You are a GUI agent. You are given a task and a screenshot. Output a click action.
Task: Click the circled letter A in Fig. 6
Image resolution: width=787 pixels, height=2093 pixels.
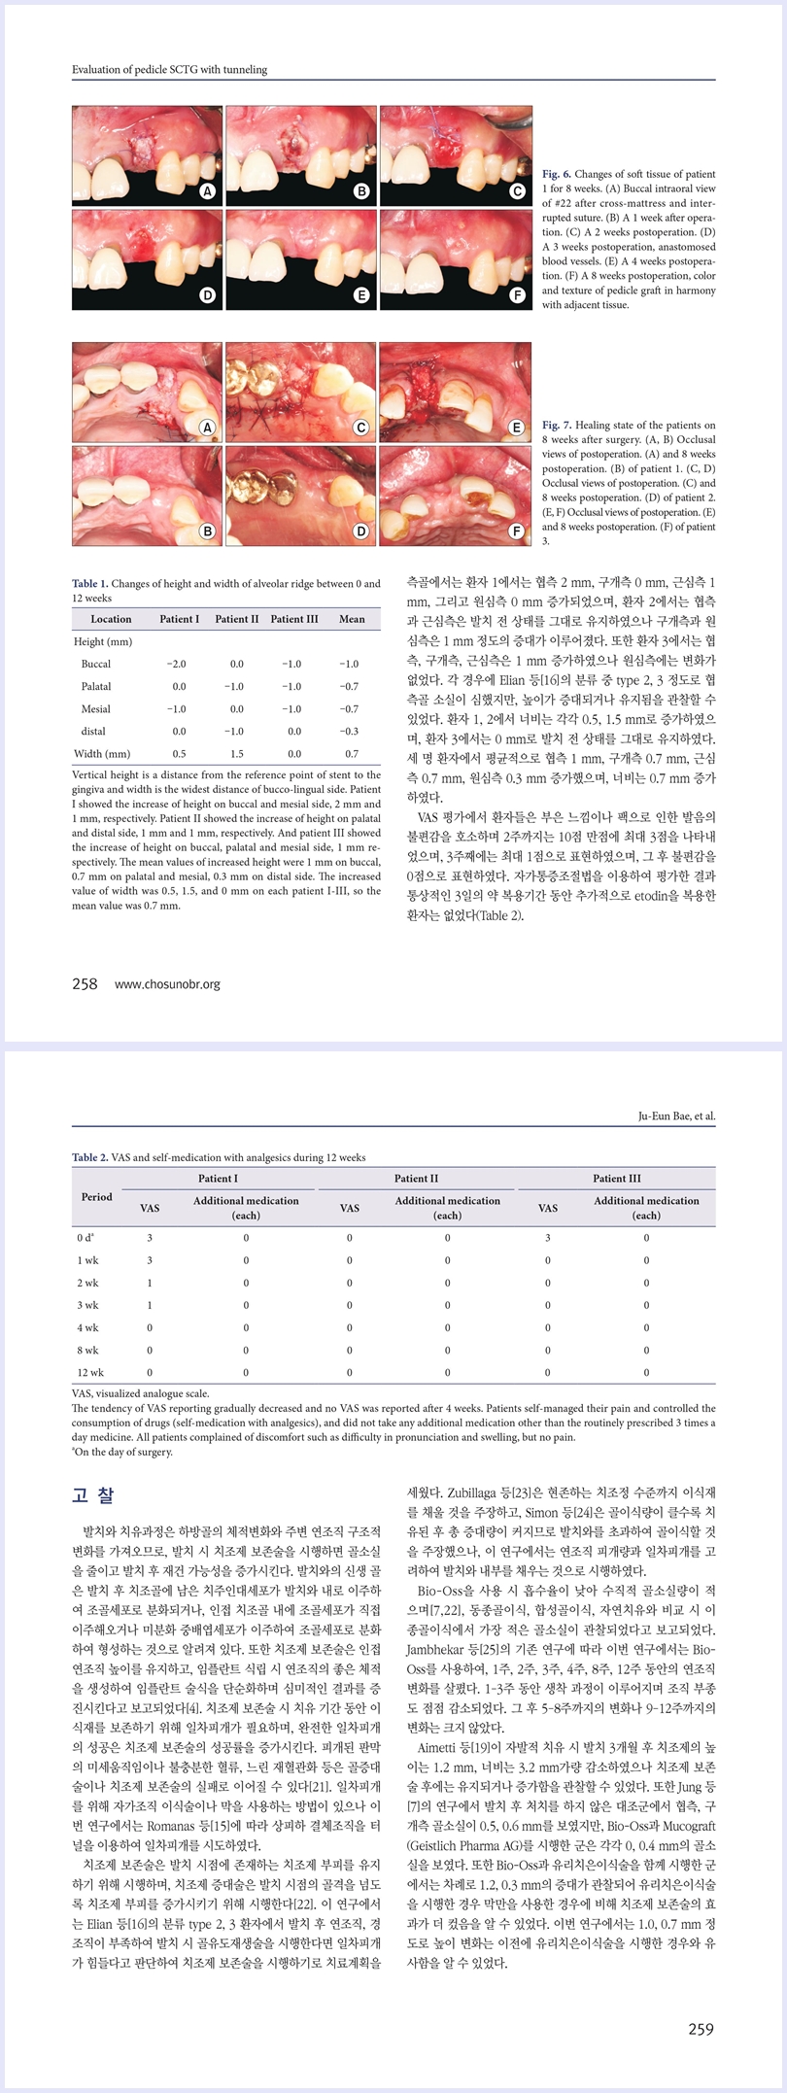(x=207, y=192)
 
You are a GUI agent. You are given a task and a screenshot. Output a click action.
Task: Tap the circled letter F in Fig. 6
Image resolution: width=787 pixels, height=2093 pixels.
(x=517, y=295)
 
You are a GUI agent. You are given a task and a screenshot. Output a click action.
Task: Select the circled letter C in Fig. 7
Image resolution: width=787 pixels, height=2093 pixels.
(x=360, y=428)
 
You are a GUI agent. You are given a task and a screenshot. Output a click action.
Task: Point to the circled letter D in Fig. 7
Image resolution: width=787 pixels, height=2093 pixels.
(x=360, y=531)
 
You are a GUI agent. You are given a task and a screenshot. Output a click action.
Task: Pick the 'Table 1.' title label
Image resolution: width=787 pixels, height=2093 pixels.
(x=90, y=584)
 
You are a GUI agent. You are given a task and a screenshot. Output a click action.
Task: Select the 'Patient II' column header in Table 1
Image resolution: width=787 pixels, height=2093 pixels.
(x=237, y=619)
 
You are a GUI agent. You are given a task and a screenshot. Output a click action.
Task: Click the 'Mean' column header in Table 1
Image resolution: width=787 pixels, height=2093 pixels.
(x=352, y=619)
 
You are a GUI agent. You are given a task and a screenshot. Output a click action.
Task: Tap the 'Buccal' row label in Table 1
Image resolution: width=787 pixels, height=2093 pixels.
(x=96, y=664)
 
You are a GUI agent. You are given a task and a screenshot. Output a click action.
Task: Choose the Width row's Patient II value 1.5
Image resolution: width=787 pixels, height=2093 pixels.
(x=237, y=753)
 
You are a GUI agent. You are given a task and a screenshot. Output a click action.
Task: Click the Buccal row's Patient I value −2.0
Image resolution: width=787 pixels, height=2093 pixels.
(x=176, y=664)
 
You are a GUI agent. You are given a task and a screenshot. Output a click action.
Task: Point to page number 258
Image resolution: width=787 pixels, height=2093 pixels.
(x=86, y=984)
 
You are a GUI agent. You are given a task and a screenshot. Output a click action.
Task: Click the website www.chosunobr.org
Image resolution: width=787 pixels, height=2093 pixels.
(x=167, y=984)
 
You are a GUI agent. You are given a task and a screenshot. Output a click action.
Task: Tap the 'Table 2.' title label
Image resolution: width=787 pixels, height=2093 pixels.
(x=90, y=1157)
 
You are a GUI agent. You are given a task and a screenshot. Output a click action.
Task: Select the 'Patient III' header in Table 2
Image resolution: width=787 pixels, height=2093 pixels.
(x=617, y=1179)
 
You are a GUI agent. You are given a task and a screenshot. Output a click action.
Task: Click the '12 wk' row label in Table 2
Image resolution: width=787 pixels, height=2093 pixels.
(x=90, y=1372)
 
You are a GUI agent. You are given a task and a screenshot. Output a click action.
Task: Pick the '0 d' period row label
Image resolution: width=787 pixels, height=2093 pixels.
(x=86, y=1238)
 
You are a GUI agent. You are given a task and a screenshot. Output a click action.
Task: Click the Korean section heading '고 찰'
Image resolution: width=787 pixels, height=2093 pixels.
(x=93, y=1495)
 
